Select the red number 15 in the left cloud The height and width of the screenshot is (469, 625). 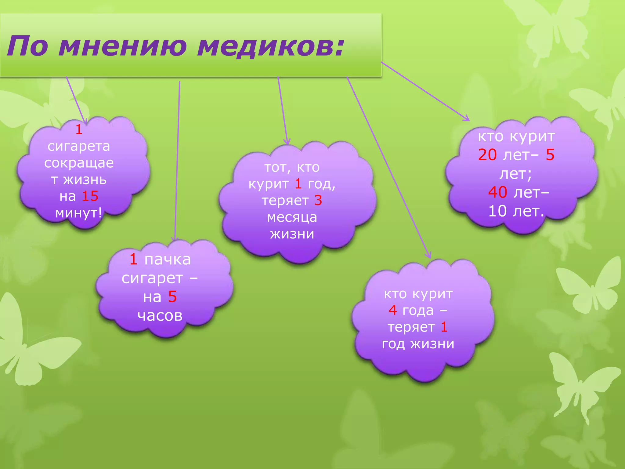click(x=90, y=196)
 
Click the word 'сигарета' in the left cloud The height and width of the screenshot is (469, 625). click(x=79, y=146)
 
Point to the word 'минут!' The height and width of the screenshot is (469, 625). click(x=79, y=213)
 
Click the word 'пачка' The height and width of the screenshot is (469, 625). click(x=167, y=260)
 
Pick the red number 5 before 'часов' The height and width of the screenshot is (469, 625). click(x=172, y=296)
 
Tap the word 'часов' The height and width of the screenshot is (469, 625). click(x=160, y=315)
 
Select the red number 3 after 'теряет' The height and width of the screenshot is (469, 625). click(x=318, y=200)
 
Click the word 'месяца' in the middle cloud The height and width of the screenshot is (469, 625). click(x=292, y=217)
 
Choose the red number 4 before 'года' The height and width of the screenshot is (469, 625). click(x=392, y=310)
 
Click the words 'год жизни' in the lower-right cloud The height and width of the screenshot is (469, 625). click(x=418, y=344)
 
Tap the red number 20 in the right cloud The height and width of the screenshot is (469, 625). click(x=487, y=155)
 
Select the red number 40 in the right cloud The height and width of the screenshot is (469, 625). click(x=497, y=192)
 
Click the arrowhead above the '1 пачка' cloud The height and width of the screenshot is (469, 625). click(x=175, y=239)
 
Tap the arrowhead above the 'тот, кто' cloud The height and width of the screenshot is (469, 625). click(x=287, y=142)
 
